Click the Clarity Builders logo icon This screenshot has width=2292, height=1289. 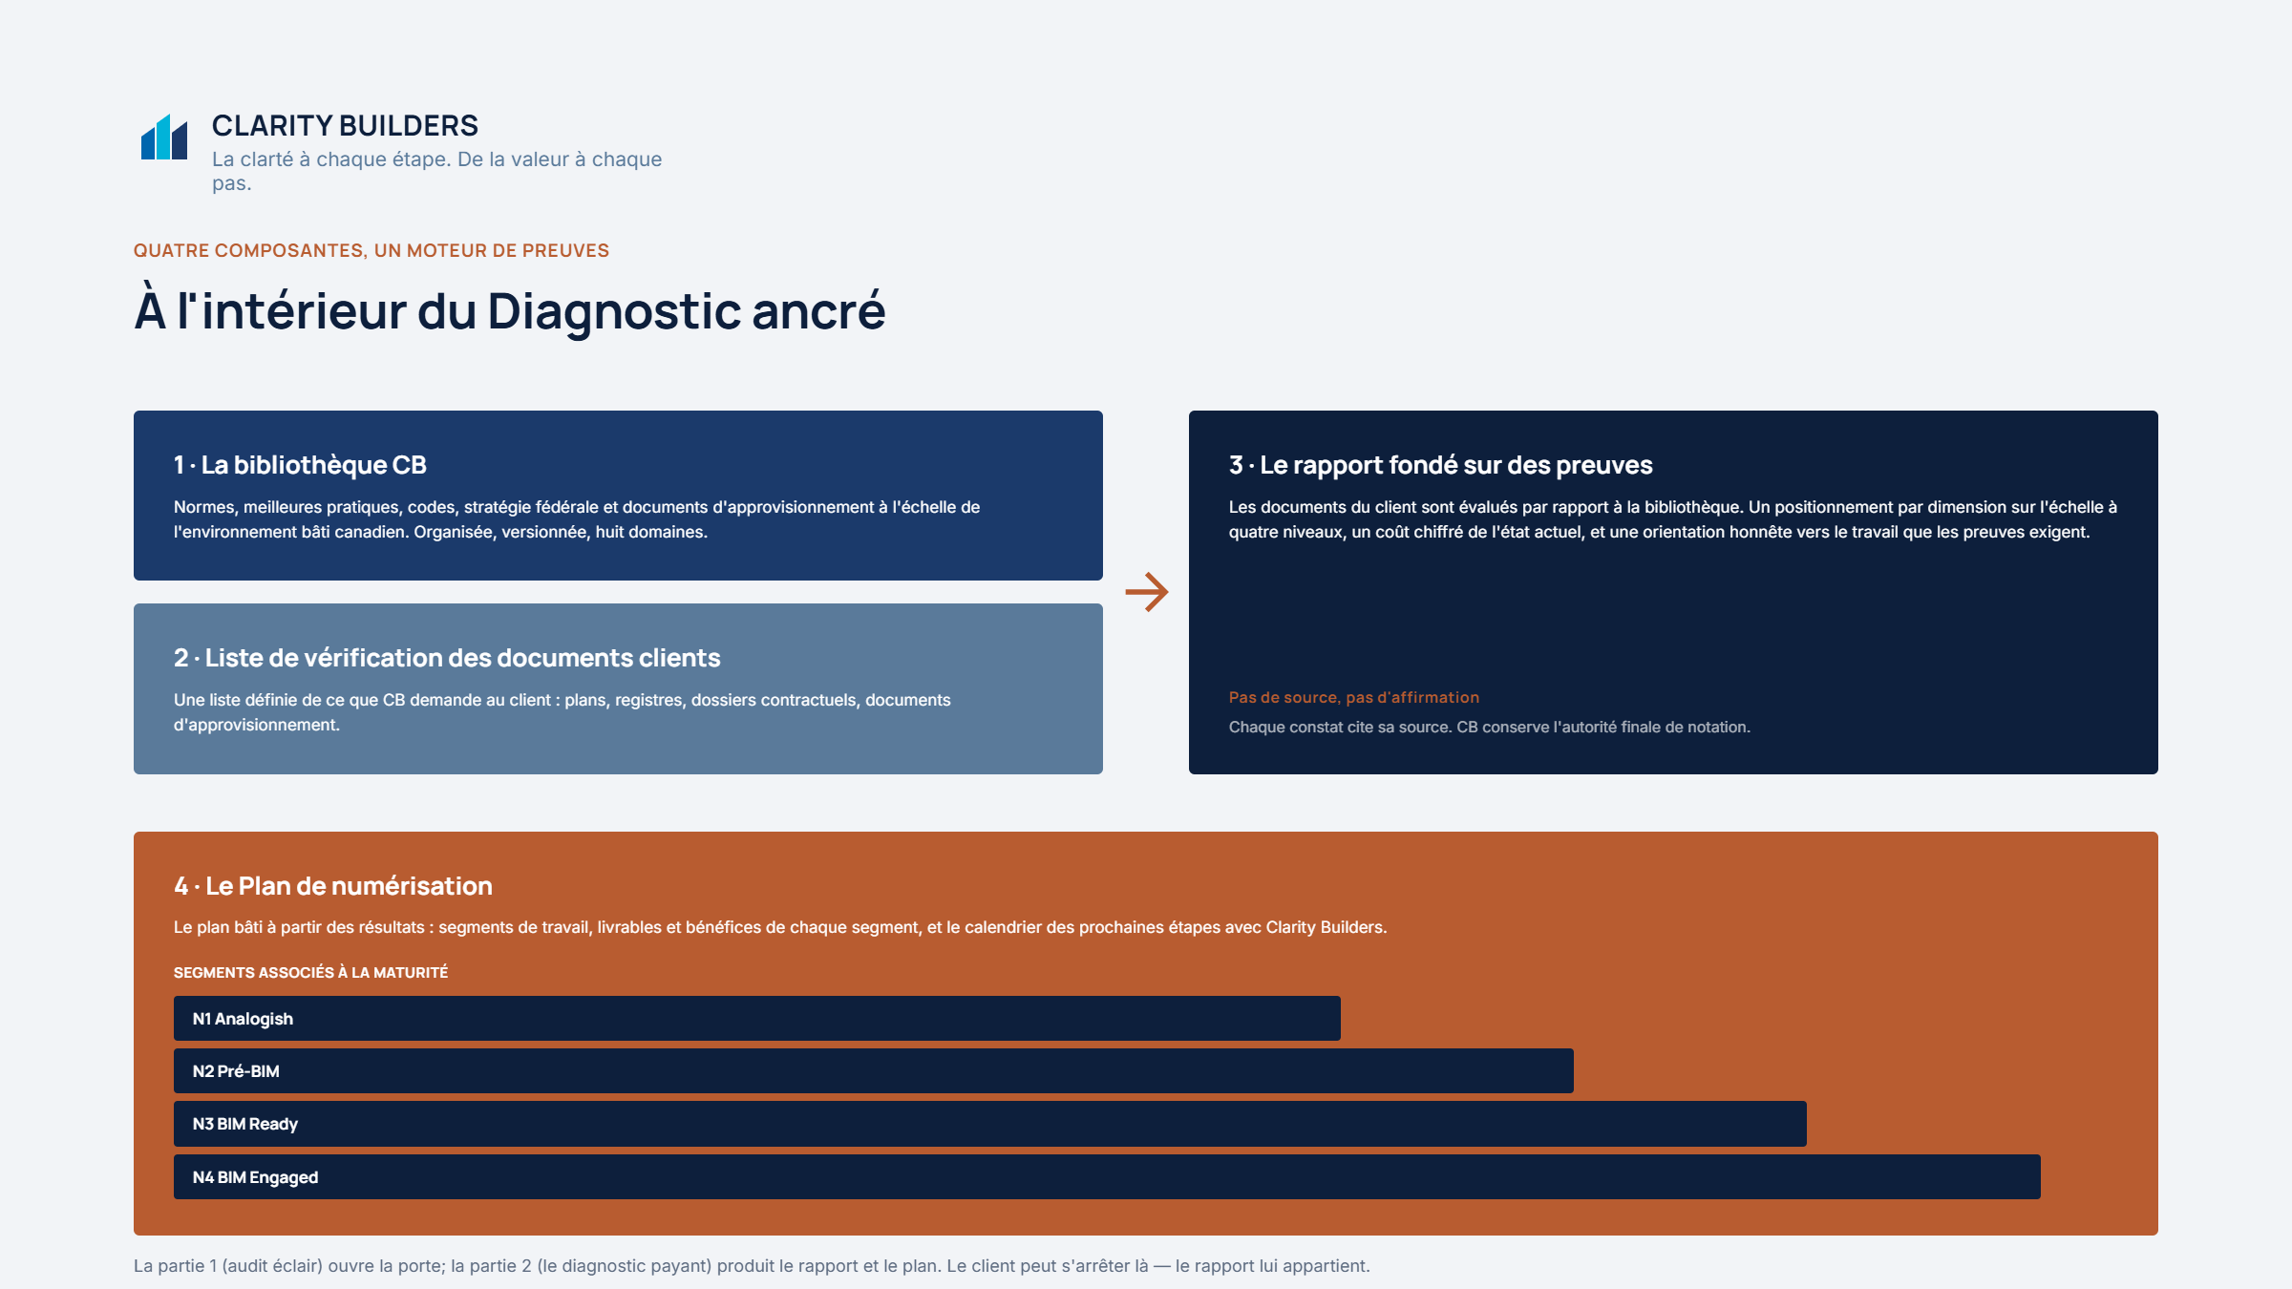(164, 137)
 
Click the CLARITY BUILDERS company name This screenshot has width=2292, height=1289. (345, 125)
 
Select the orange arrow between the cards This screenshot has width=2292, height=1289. (1146, 592)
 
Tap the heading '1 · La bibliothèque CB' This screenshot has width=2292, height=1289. (300, 465)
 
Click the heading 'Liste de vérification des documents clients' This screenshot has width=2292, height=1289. (462, 658)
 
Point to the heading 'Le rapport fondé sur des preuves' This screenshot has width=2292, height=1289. (1455, 465)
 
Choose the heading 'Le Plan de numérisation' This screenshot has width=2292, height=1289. (349, 886)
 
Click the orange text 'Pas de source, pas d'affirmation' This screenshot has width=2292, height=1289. (1353, 697)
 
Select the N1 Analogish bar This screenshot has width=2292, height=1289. (756, 1019)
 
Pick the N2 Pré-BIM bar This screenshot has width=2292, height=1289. (873, 1071)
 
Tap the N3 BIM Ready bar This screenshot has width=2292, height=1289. (989, 1124)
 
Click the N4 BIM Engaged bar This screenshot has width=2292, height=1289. (1107, 1177)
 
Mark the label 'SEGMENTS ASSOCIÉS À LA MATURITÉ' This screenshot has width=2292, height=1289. (310, 972)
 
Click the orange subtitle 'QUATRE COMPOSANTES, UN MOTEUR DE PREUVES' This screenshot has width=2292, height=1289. (371, 250)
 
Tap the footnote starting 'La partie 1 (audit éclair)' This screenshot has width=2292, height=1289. (752, 1266)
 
